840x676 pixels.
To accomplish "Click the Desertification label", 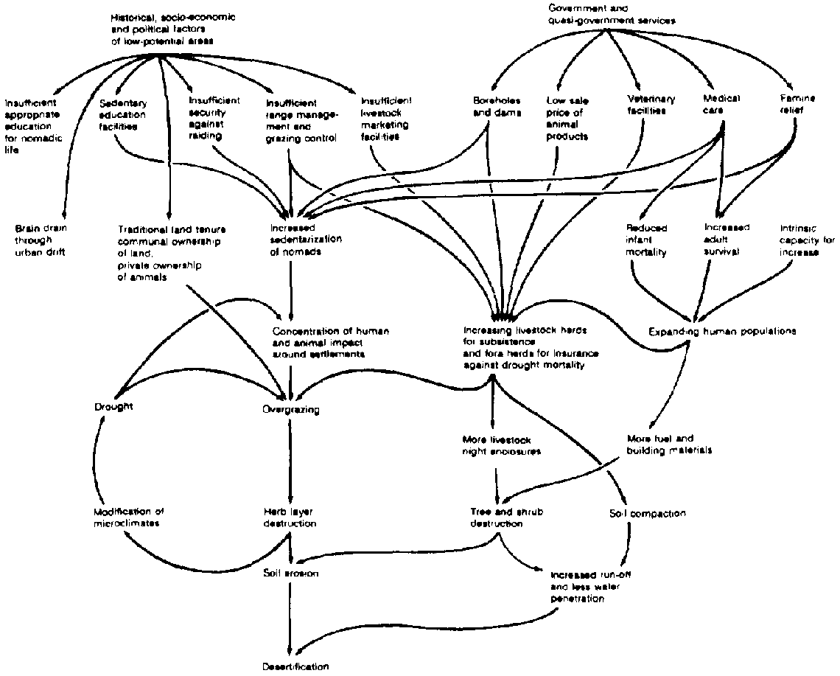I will click(x=295, y=666).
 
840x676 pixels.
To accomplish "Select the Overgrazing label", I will click(x=291, y=409).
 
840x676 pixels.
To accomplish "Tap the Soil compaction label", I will click(x=648, y=513).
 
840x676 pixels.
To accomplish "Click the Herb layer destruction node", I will click(x=291, y=518).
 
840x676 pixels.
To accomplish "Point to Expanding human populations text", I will click(x=722, y=331).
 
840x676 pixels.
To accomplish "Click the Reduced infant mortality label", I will click(x=646, y=240).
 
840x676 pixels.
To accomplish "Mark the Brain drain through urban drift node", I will click(x=40, y=240).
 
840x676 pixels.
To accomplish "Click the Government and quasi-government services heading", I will click(x=611, y=14).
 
